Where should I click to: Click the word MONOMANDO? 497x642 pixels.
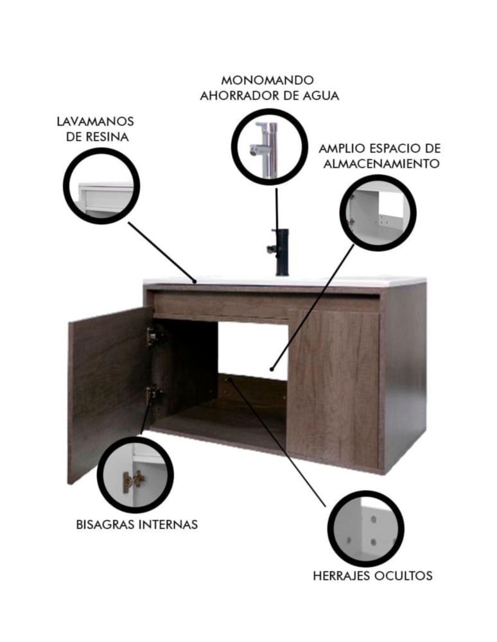267,80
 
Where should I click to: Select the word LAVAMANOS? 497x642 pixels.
95,121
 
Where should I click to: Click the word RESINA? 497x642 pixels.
108,137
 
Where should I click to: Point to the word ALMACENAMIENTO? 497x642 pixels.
381,164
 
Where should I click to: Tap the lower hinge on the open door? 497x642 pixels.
151,395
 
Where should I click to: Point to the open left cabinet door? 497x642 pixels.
109,394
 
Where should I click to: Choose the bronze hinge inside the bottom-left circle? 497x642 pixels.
134,479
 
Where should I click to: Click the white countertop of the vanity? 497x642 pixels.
284,282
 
